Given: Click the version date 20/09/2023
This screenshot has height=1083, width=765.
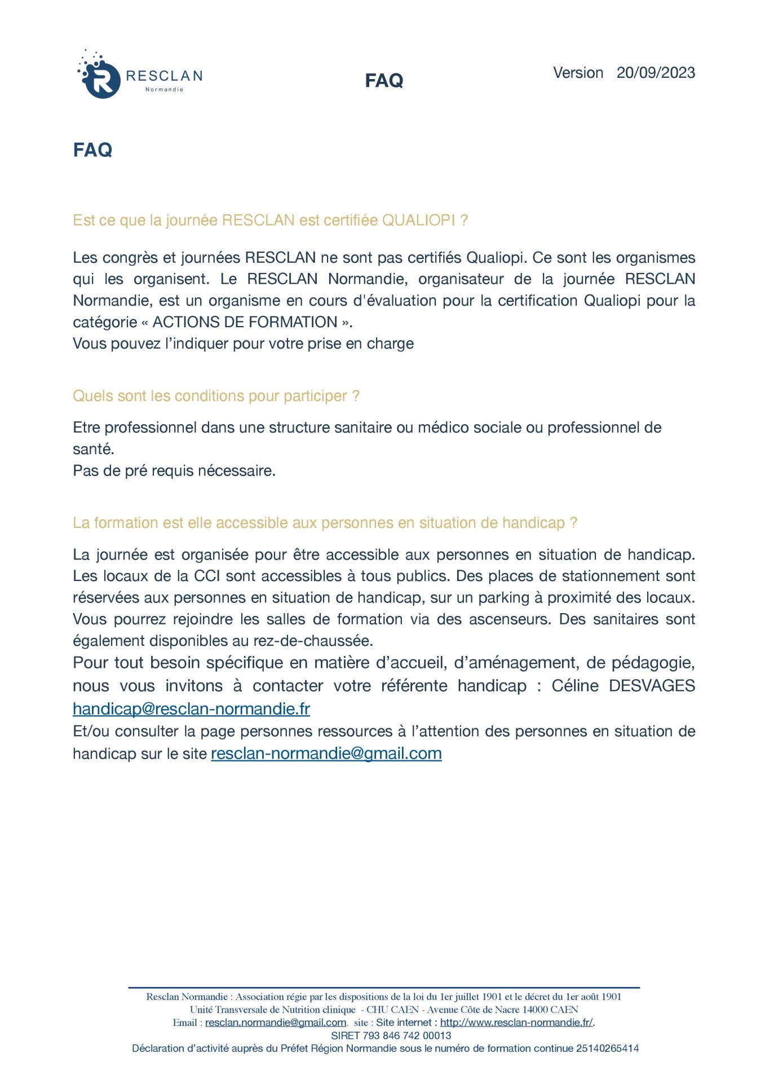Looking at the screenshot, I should click(656, 73).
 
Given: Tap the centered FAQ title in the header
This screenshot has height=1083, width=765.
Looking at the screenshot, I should click(384, 81).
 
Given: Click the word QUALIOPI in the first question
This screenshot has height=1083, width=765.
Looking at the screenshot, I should click(418, 221).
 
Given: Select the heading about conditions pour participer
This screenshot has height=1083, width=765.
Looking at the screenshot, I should click(216, 396).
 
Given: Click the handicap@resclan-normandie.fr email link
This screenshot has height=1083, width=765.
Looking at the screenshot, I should click(191, 708).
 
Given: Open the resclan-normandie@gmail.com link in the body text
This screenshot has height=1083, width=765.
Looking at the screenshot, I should click(326, 754).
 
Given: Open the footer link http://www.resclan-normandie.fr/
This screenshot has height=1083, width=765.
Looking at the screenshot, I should click(516, 1023).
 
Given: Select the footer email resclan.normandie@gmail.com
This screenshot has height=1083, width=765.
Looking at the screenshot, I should click(276, 1023).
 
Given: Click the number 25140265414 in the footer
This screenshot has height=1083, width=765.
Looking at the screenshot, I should click(607, 1049).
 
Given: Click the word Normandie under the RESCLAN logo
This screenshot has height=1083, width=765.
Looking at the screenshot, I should click(164, 90).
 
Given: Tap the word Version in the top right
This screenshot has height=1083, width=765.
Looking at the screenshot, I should click(578, 73).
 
